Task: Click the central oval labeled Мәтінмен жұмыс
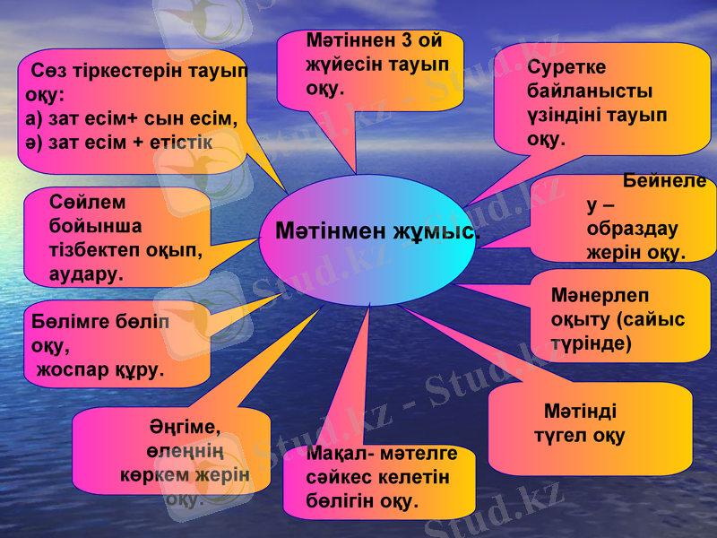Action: (367, 239)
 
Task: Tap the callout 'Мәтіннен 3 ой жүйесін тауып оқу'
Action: (369, 68)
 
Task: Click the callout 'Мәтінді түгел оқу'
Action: (590, 427)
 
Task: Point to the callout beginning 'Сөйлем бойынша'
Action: (117, 237)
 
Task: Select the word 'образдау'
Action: (632, 229)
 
